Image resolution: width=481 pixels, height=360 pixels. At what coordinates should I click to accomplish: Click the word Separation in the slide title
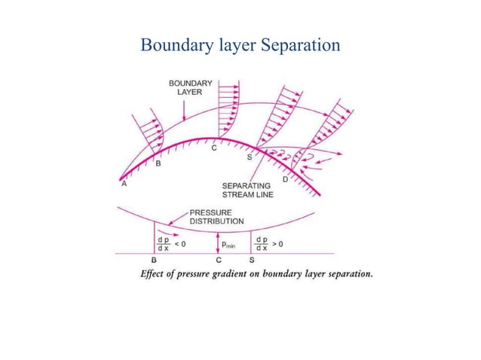coord(302,45)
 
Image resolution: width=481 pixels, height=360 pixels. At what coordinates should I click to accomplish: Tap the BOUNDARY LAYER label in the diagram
coord(183,87)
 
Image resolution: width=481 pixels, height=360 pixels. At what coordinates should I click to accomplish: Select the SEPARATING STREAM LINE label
coord(247,191)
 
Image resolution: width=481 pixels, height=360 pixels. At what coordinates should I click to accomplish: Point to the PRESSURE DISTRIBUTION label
coord(216,217)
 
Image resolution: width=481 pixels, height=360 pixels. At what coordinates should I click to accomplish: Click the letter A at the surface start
coord(122,182)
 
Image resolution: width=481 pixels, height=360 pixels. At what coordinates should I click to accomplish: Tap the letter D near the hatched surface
coord(285,179)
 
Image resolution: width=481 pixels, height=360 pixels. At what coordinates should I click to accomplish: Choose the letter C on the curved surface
coord(215,148)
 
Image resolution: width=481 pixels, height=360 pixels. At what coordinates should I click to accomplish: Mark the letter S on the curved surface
coord(250,157)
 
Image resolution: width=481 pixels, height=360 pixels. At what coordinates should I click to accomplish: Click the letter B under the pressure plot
coord(153,260)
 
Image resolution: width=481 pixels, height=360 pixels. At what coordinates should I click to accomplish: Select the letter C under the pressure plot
coord(218,260)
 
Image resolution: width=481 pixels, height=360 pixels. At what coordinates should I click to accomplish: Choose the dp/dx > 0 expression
coord(269,244)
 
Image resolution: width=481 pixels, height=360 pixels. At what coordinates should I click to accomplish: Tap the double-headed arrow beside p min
coord(218,243)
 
